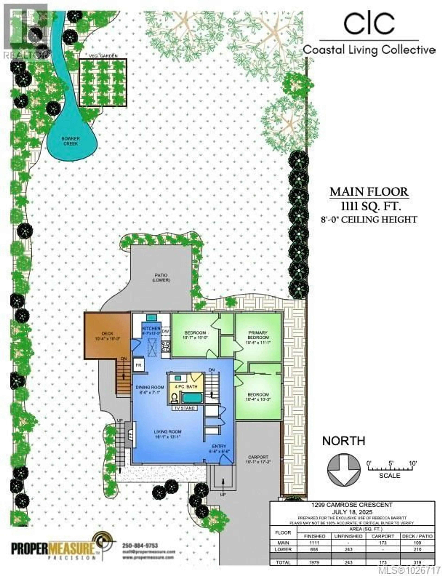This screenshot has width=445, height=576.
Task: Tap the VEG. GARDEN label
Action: pos(103,56)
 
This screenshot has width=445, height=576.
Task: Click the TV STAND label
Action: pos(184,408)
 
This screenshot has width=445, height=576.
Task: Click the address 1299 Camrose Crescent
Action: pos(352,505)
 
